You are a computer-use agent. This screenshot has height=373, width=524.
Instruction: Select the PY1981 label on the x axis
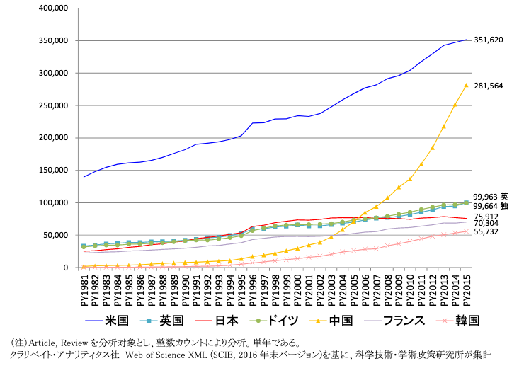[x=85, y=289]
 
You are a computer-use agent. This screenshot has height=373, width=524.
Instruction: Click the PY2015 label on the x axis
[x=466, y=289]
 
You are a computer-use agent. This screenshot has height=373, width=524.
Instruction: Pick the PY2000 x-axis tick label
[x=297, y=289]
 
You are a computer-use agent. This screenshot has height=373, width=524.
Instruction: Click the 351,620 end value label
[x=489, y=40]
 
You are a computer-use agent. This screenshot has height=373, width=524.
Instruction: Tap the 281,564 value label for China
[x=489, y=86]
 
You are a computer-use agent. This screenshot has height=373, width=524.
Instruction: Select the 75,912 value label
[x=486, y=217]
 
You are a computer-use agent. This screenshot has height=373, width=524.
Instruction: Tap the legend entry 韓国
[x=467, y=321]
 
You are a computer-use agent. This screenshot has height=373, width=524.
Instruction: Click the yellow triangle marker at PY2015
[x=466, y=86]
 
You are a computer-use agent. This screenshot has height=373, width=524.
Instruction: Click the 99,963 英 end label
[x=491, y=197]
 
